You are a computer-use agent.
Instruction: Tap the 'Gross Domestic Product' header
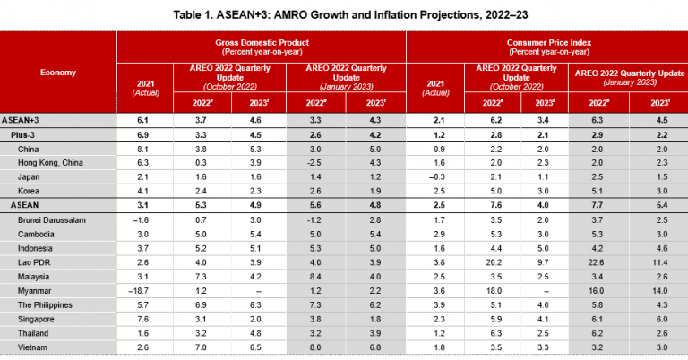(x=261, y=47)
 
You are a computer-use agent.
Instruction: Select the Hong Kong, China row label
(x=50, y=162)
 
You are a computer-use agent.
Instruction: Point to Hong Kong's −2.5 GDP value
(x=314, y=162)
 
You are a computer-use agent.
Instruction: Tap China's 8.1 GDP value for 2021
(x=142, y=148)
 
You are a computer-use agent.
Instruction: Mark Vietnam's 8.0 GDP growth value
(x=314, y=345)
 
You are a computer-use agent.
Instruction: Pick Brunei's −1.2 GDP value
(x=314, y=219)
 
